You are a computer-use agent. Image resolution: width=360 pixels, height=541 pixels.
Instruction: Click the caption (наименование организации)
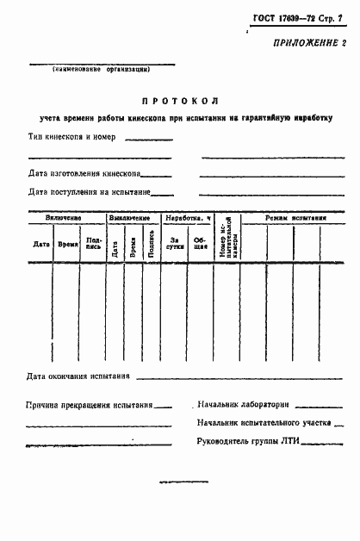[102, 69]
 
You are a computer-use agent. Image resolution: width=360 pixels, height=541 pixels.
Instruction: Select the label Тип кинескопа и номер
[72, 136]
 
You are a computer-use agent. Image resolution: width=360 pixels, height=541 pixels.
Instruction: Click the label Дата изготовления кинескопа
[84, 173]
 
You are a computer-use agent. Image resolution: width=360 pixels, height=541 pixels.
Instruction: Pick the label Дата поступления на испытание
[89, 192]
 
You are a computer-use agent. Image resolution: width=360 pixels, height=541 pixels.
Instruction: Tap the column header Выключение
[133, 219]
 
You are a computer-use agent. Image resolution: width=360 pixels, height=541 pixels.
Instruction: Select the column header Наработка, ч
[189, 219]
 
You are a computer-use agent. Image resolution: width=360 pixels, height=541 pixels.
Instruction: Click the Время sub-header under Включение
[67, 245]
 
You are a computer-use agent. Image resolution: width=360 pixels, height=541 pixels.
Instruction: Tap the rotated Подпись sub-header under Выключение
[152, 245]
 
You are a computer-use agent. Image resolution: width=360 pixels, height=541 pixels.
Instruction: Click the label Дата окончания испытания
[78, 376]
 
